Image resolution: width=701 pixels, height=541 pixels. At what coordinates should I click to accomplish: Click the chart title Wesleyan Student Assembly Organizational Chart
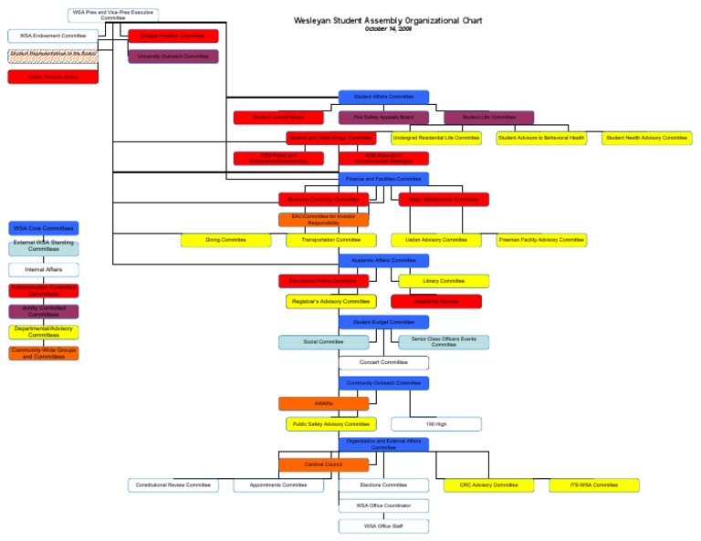(x=388, y=20)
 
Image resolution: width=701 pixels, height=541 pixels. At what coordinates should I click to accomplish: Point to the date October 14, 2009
(x=388, y=28)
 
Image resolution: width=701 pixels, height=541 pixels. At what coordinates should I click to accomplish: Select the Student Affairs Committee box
(x=383, y=96)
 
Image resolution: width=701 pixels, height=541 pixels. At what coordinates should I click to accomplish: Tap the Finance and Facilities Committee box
(x=383, y=179)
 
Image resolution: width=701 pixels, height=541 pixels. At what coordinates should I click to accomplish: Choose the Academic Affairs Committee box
(x=383, y=260)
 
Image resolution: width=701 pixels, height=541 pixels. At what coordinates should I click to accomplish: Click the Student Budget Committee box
(x=383, y=322)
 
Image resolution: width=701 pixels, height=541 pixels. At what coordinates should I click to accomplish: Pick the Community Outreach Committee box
(x=383, y=383)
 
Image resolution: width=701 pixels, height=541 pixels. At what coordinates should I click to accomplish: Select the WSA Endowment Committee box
(x=53, y=36)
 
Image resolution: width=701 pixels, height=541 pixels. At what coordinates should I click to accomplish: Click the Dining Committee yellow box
(x=225, y=240)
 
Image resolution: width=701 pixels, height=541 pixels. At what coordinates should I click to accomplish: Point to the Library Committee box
(x=444, y=281)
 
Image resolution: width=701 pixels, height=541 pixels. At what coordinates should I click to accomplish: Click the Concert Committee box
(x=383, y=362)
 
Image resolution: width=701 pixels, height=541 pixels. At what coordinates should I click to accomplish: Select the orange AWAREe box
(x=324, y=403)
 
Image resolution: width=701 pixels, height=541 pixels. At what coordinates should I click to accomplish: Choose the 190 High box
(x=436, y=424)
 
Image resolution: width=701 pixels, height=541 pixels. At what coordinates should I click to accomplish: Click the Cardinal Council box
(x=324, y=464)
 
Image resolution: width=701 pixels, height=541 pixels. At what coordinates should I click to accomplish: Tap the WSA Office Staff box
(x=383, y=526)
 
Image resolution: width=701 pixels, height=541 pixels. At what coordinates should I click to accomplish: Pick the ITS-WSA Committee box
(x=593, y=485)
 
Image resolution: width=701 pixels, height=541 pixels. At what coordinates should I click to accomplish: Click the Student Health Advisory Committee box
(x=645, y=138)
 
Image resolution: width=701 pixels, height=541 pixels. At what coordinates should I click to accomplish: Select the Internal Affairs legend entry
(x=44, y=270)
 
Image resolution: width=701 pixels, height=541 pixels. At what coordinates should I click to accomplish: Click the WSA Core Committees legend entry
(x=44, y=228)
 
